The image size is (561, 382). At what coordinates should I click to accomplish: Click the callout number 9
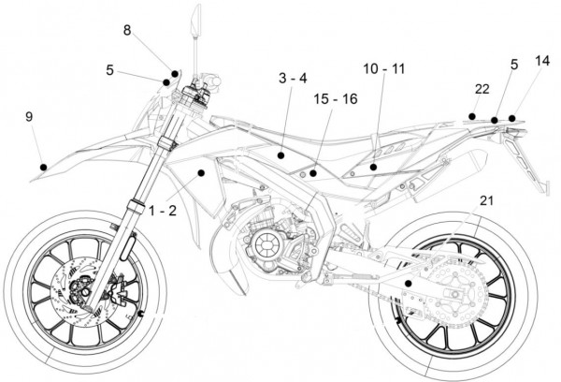pos(30,117)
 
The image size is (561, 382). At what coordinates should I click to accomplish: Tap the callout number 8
pos(127,31)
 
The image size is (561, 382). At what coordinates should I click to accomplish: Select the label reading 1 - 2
pos(163,212)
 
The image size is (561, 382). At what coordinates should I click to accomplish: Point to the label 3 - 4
pos(292,78)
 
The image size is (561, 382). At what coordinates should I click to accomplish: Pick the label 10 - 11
pos(383,68)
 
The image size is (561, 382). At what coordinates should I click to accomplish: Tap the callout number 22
pos(482,89)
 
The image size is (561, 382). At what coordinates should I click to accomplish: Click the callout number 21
pos(487,199)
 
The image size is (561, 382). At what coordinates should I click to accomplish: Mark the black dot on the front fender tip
pos(43,167)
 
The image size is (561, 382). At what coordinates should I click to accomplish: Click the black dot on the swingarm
pos(409,282)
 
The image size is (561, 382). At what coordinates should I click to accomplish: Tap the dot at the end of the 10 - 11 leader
pos(373,167)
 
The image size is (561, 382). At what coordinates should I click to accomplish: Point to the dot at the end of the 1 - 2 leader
pos(200,173)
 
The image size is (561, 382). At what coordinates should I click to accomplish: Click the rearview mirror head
pos(197,20)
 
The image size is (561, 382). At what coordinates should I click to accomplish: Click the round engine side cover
pos(265,244)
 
